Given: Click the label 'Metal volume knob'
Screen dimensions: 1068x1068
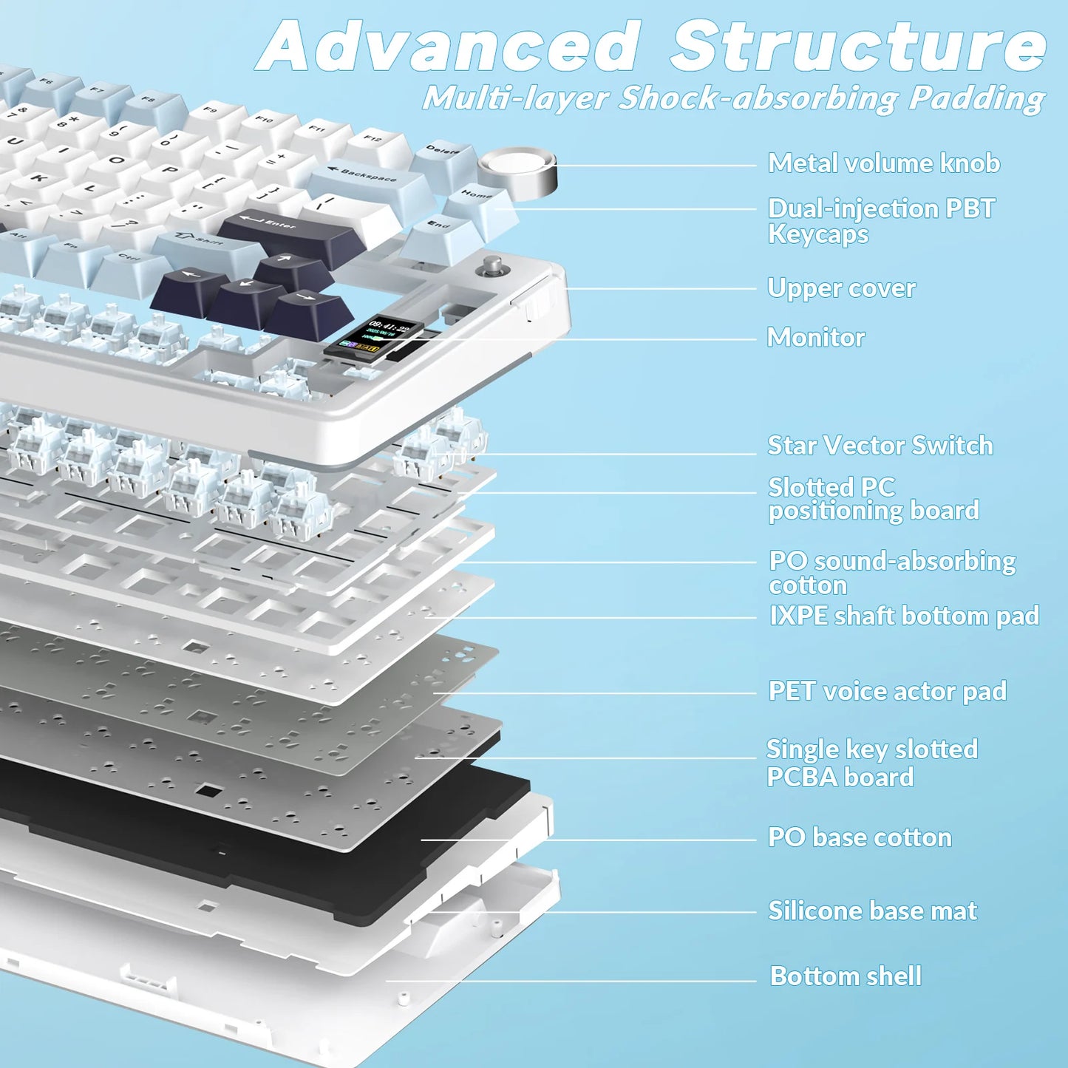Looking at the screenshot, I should [x=883, y=163].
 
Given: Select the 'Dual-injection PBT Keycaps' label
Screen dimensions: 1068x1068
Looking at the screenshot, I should [x=881, y=221].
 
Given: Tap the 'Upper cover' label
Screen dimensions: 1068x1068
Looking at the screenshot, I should [x=841, y=288].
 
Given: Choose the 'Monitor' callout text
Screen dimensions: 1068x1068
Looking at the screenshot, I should [x=815, y=338].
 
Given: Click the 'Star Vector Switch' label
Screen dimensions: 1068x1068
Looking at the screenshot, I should [x=880, y=446].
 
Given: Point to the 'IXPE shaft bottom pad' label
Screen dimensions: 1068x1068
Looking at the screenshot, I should [x=903, y=616].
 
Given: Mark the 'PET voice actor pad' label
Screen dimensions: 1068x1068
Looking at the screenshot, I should [x=887, y=691].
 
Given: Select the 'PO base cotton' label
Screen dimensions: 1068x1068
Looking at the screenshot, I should [x=859, y=837].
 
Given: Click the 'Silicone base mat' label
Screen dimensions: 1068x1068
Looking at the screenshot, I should [x=872, y=911].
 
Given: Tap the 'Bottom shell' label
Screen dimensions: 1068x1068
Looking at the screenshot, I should [x=846, y=976].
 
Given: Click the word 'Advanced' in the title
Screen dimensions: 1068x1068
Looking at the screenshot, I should [x=451, y=46].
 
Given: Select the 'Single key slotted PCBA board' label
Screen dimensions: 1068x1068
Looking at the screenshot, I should [x=871, y=763].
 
